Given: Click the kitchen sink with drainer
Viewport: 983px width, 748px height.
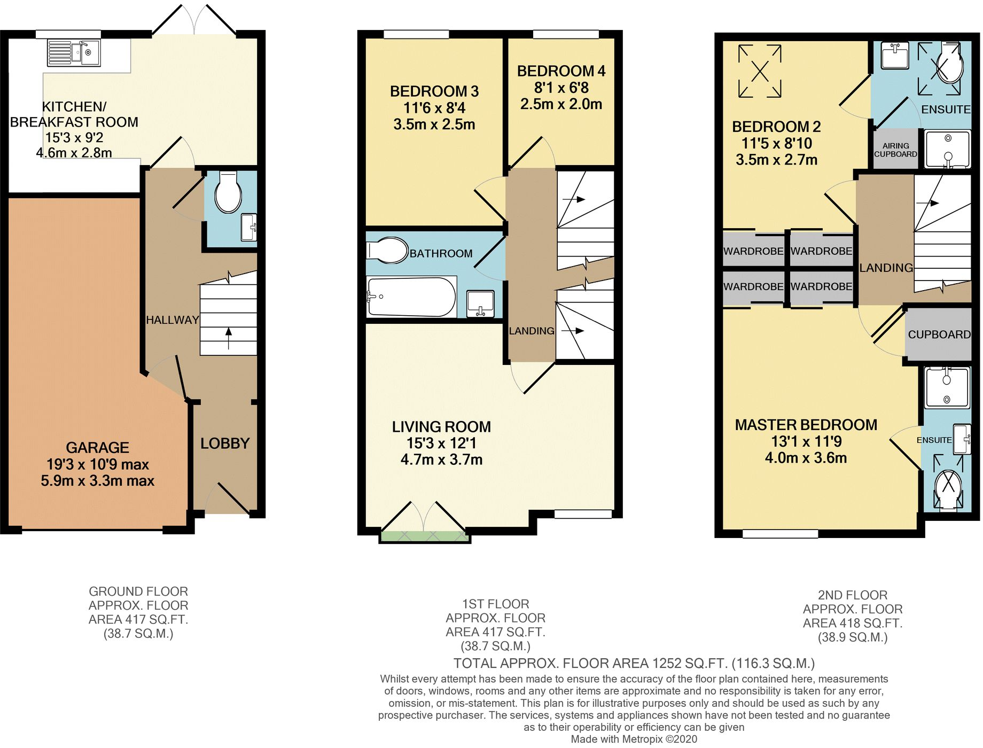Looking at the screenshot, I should tap(74, 53).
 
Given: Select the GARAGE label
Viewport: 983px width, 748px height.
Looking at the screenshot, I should tap(98, 448).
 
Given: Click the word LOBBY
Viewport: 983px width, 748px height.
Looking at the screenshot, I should tap(225, 443).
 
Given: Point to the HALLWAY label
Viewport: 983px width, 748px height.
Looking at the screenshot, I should tap(172, 320).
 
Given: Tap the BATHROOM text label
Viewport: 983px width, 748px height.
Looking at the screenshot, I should tap(441, 254).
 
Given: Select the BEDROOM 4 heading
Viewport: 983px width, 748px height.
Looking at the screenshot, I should tap(561, 71).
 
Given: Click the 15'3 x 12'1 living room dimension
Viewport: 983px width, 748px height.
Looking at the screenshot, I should tap(441, 443).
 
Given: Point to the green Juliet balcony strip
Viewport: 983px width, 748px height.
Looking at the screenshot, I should tap(425, 536).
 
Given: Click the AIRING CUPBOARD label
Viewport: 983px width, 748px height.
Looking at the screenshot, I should tap(895, 150).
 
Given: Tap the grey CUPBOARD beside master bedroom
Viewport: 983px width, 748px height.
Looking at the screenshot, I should tap(939, 334).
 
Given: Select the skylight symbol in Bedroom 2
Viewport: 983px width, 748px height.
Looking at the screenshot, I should tap(760, 71).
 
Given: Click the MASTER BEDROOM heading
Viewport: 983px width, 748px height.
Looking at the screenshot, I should tap(806, 425).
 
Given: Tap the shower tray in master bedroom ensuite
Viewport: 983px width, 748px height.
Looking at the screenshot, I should tap(947, 388).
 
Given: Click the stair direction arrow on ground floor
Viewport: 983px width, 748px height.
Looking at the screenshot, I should tap(229, 338).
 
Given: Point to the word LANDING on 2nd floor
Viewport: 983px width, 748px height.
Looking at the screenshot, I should tap(886, 268).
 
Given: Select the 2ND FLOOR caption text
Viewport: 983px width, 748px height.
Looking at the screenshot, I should tap(852, 595).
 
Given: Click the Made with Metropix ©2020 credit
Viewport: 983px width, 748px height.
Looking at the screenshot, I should tap(634, 739).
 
